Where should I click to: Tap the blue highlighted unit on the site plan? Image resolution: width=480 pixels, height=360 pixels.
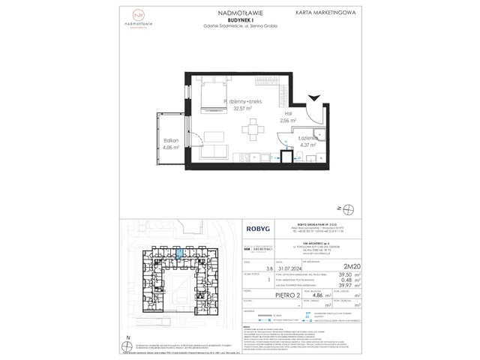click(181, 256)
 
